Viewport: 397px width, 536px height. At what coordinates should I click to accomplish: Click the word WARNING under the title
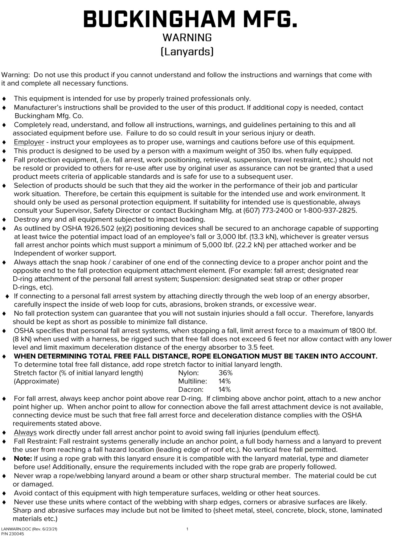point(187,38)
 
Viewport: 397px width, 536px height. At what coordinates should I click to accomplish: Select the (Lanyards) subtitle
point(187,51)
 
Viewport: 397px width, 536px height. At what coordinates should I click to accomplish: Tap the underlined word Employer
point(29,142)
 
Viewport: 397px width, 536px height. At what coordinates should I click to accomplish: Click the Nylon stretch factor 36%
point(226,373)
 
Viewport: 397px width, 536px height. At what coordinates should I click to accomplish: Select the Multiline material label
point(192,381)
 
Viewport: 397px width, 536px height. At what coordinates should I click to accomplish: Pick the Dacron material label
point(191,389)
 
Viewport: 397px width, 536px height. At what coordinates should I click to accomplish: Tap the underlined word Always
point(25,432)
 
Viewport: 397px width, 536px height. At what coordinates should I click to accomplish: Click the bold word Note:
point(23,458)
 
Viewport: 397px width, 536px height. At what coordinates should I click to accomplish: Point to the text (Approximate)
point(36,381)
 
